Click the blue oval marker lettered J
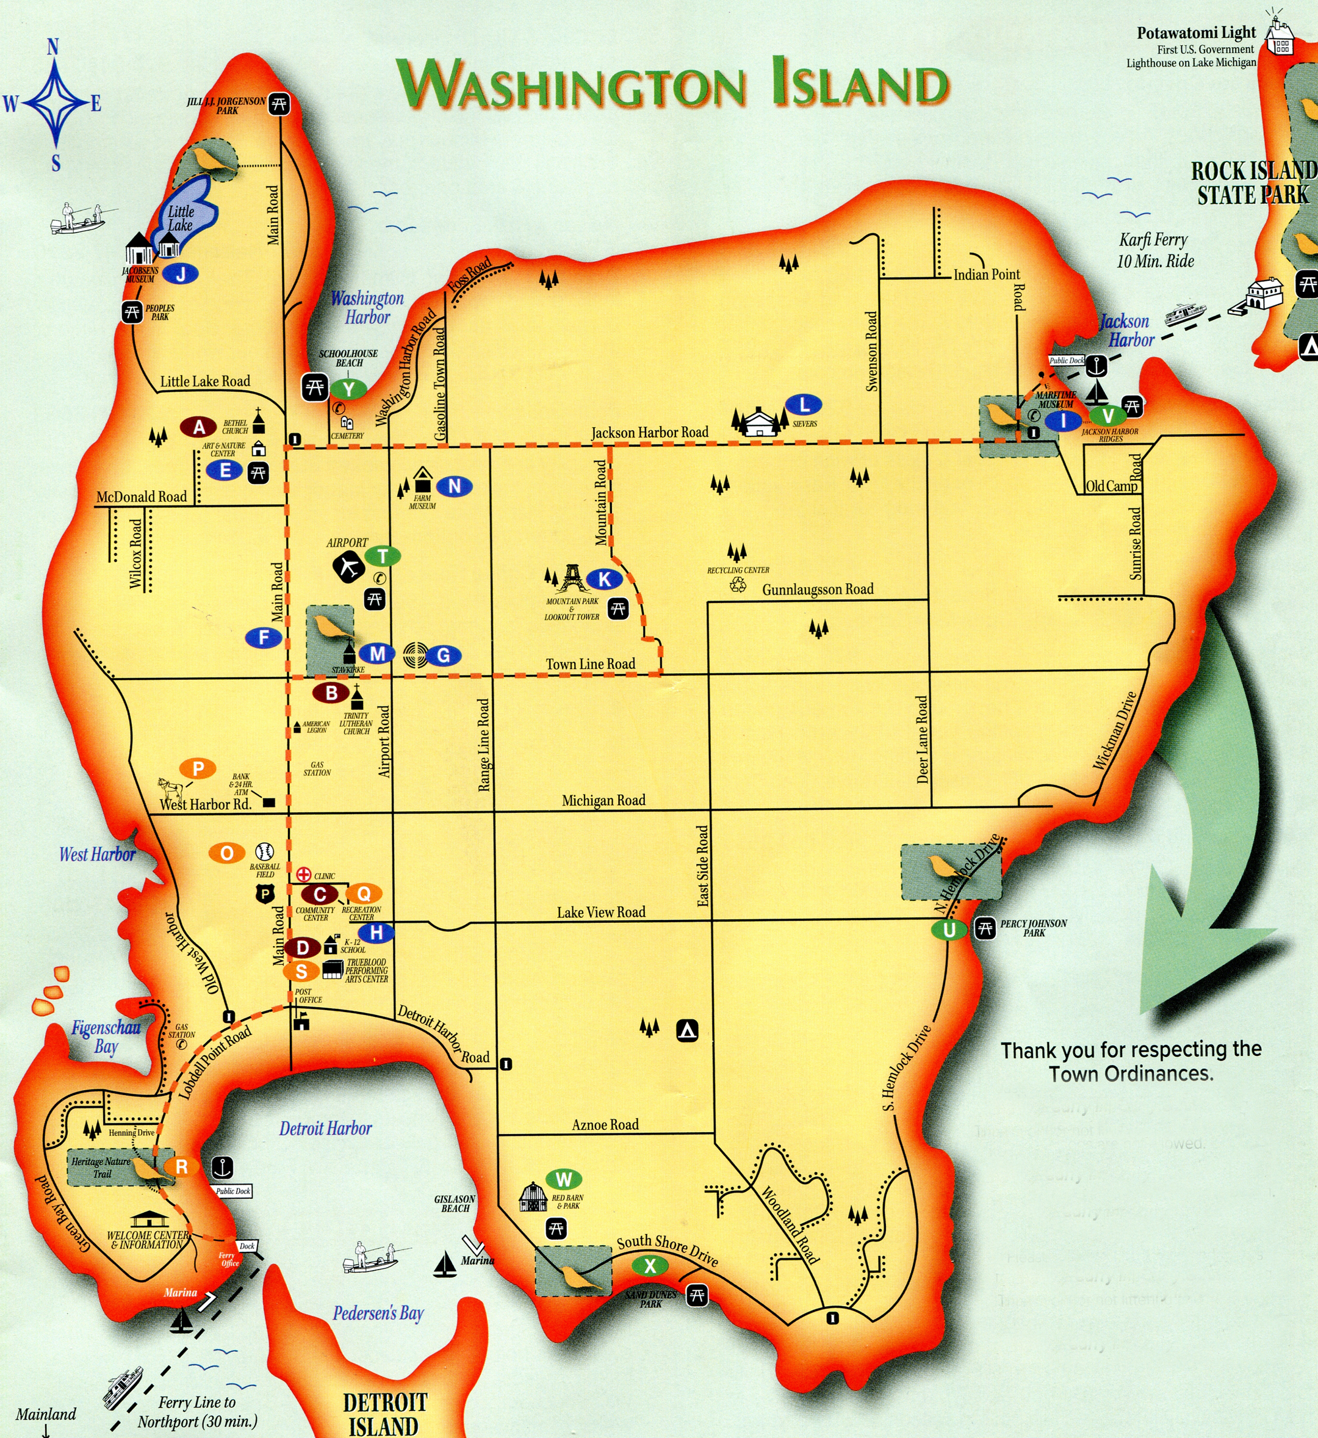pos(181,273)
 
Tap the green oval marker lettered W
pos(563,1179)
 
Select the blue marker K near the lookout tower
pos(605,579)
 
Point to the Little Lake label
pos(181,219)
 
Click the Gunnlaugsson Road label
pos(817,589)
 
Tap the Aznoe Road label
pos(605,1125)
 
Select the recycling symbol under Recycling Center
pos(738,584)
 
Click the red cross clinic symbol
pos(304,875)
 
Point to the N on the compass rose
pos(52,48)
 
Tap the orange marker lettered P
pos(198,769)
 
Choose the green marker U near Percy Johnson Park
pos(949,930)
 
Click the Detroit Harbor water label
pos(325,1129)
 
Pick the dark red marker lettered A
pos(199,427)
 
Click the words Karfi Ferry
pos(1153,240)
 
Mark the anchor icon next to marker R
pos(223,1168)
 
